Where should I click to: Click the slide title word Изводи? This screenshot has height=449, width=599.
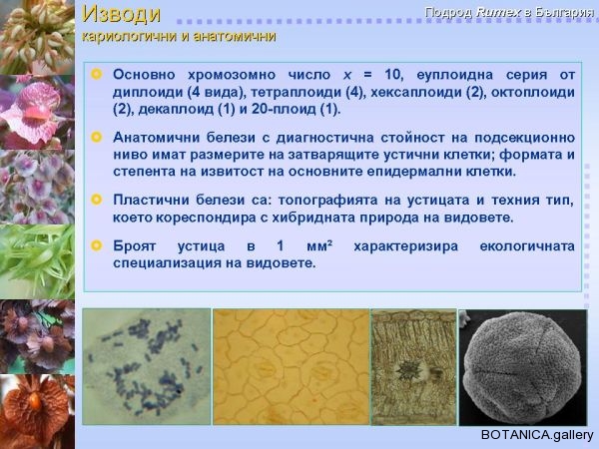pos(122,15)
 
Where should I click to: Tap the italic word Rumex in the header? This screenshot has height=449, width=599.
pos(498,12)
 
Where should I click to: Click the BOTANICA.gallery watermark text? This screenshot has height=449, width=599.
pos(537,435)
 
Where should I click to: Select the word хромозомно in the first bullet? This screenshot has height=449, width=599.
pos(232,75)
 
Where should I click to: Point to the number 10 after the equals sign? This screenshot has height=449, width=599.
pos(393,74)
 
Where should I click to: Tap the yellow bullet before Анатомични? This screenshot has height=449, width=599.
pos(97,137)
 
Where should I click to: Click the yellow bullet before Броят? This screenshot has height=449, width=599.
pos(97,245)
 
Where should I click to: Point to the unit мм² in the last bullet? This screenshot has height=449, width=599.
pos(319,246)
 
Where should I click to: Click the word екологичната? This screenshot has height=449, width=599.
pos(527,246)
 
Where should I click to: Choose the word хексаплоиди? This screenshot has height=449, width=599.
pos(415,92)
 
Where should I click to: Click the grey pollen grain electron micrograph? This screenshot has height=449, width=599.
pos(522,367)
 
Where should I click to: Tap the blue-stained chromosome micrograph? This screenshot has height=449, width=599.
pos(147,366)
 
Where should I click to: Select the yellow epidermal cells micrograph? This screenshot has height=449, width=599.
pos(292,366)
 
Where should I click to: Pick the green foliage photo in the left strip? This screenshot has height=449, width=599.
pos(37,261)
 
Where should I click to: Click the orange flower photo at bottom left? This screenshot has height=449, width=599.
pos(37,411)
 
